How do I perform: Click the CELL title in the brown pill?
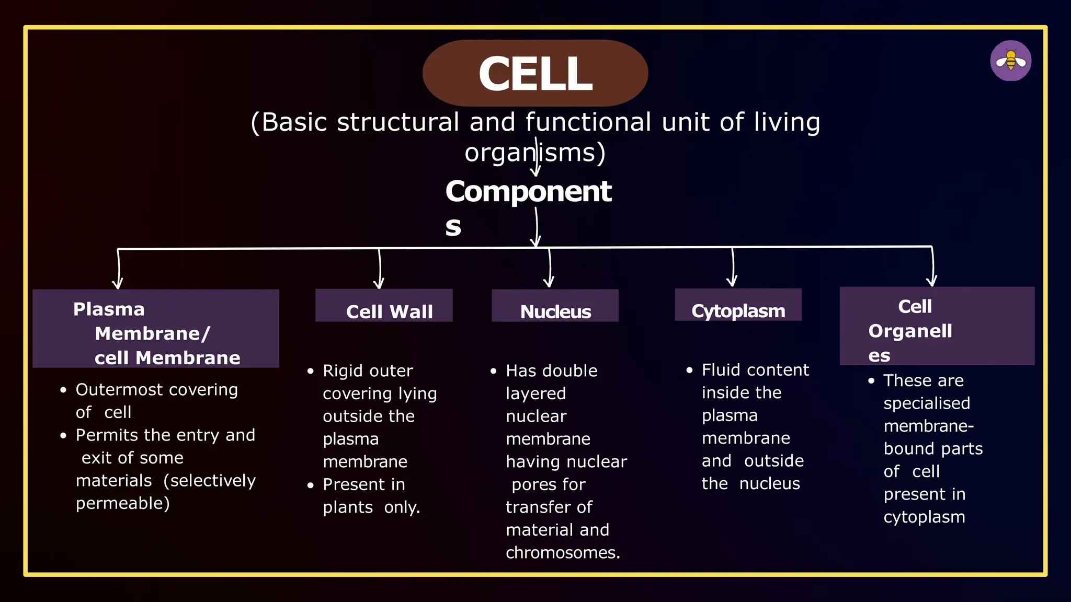click(x=535, y=74)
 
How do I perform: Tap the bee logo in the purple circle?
click(x=1010, y=61)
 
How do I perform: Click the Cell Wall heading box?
click(x=384, y=306)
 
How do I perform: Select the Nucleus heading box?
click(x=555, y=306)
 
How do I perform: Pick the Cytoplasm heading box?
click(x=738, y=305)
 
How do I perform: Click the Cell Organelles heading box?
click(x=937, y=326)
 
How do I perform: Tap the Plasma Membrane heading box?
click(x=155, y=329)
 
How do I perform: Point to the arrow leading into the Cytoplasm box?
click(x=733, y=268)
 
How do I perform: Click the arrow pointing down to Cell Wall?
click(x=380, y=269)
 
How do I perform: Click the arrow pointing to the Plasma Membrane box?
click(x=119, y=270)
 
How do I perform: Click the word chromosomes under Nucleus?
click(x=562, y=553)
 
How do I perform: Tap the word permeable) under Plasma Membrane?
click(x=122, y=503)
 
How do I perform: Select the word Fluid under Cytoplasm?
click(x=720, y=370)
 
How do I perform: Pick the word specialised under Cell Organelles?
click(x=927, y=403)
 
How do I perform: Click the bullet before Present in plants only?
click(x=311, y=485)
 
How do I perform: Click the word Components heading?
click(x=528, y=192)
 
